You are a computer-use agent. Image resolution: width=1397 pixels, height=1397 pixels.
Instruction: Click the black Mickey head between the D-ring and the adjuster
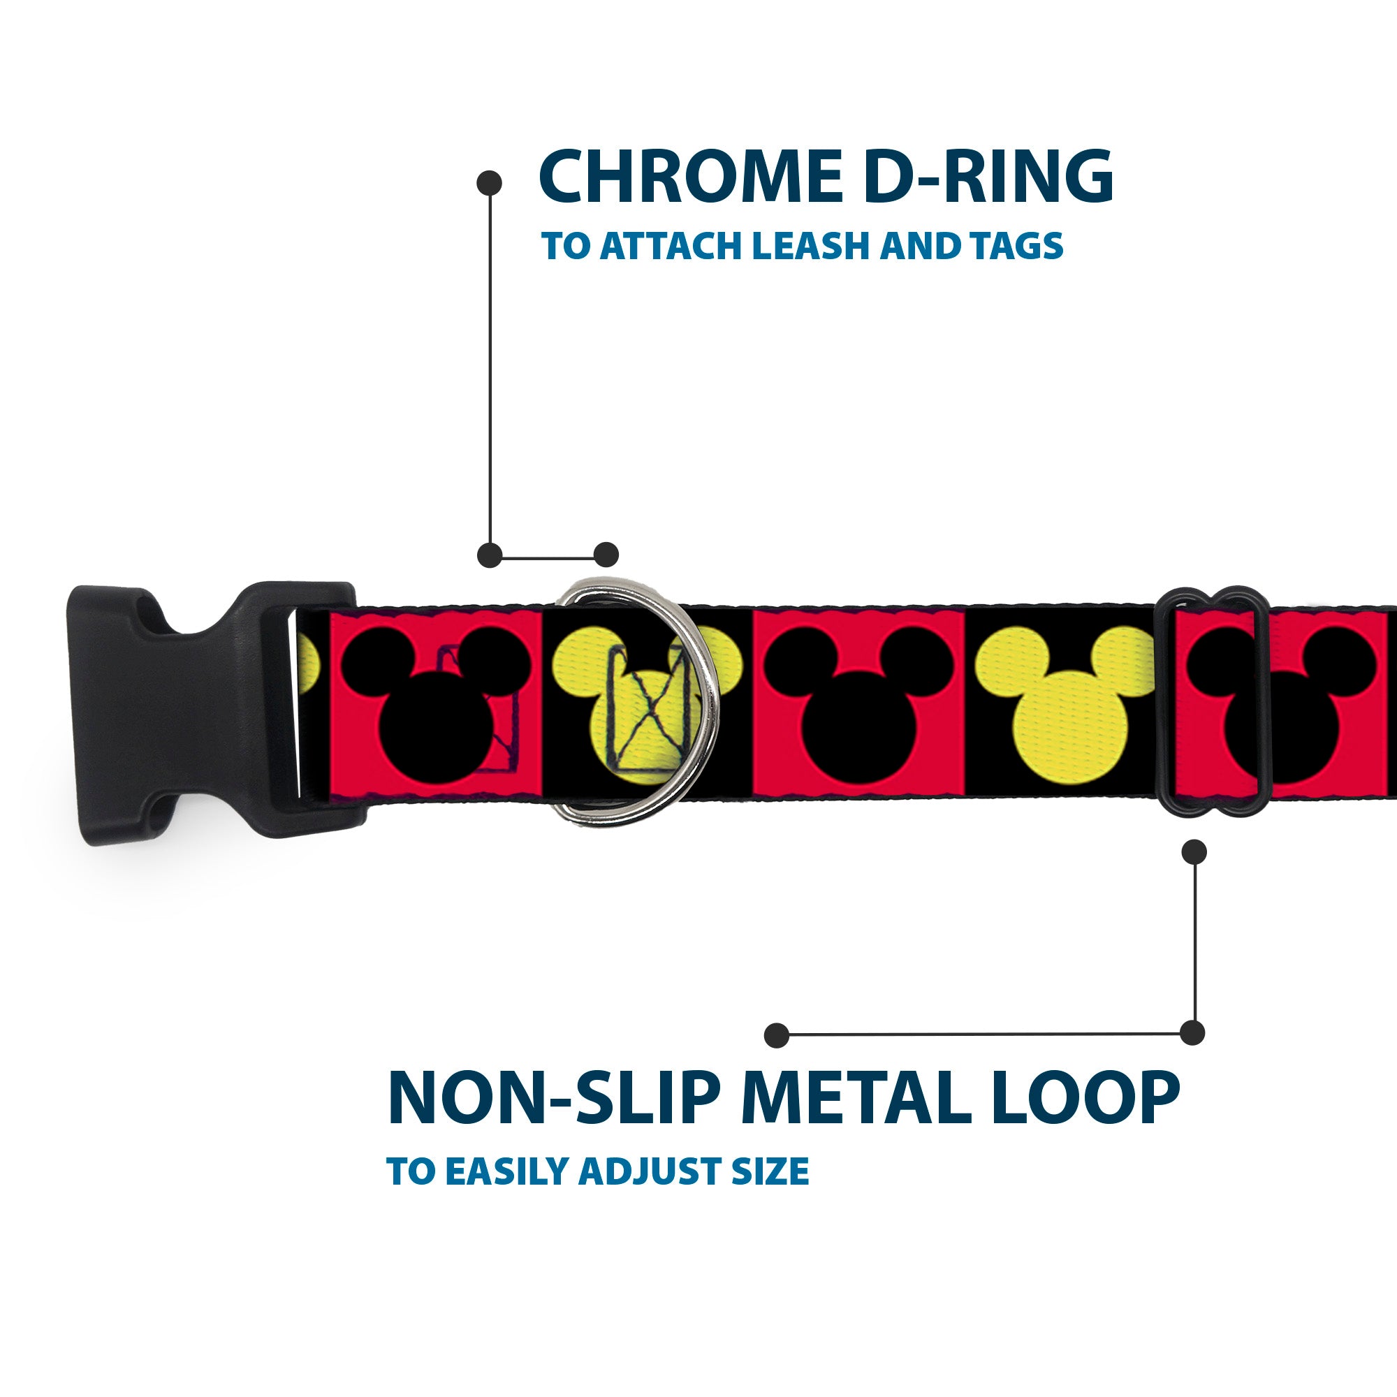click(x=858, y=701)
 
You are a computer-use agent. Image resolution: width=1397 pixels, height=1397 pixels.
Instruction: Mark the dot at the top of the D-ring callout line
click(x=490, y=182)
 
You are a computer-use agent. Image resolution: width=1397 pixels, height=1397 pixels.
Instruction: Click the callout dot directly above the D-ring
click(x=606, y=555)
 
